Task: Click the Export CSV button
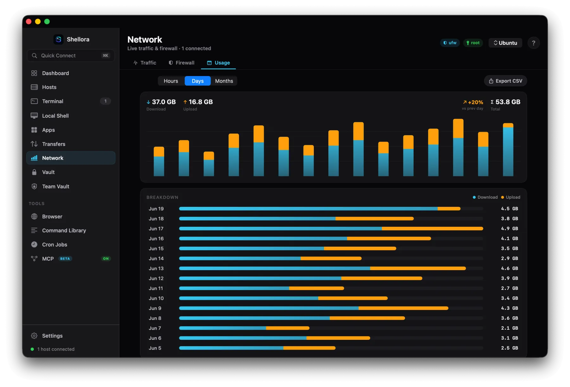tap(505, 81)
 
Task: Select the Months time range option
tap(224, 81)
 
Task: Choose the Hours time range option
tap(171, 81)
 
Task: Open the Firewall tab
tap(181, 63)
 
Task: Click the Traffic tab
tap(145, 63)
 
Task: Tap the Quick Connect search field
tap(71, 55)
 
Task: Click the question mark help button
tap(534, 43)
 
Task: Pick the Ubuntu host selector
tap(505, 43)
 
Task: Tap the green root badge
tap(473, 43)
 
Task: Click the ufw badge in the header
tap(450, 43)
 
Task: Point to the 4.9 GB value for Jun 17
tap(510, 229)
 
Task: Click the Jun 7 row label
tap(155, 328)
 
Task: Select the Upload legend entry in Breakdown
tap(510, 197)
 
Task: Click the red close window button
tap(29, 22)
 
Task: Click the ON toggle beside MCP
tap(106, 259)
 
